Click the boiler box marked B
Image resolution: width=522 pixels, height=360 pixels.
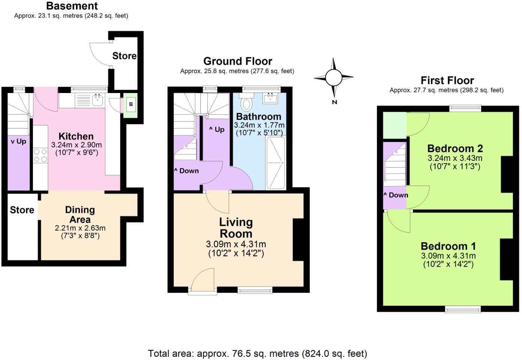pos(131,104)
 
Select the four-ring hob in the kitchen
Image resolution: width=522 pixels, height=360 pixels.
pos(40,155)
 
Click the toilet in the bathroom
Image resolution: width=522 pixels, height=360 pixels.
pos(246,102)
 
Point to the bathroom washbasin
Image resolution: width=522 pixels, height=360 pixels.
pos(270,98)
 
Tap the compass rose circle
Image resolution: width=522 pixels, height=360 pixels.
pos(334,78)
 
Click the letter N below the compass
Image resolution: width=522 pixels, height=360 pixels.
pos(334,102)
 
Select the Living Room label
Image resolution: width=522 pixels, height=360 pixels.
pos(236,228)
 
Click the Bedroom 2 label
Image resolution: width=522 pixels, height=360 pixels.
pos(455,148)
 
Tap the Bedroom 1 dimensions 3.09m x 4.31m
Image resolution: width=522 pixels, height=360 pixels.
pos(448,256)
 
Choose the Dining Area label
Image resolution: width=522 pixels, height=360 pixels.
pos(80,214)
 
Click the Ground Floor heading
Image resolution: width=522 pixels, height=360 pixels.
pos(238,61)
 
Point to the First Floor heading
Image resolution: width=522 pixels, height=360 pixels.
pos(447,80)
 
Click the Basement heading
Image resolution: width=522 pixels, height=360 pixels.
pos(72,6)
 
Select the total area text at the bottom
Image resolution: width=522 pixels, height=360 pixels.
pos(258,354)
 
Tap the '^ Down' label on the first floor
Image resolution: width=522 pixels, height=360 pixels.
pos(396,195)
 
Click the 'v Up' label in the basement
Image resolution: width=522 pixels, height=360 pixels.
pos(19,141)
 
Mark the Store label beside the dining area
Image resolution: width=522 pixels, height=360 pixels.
pos(22,210)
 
